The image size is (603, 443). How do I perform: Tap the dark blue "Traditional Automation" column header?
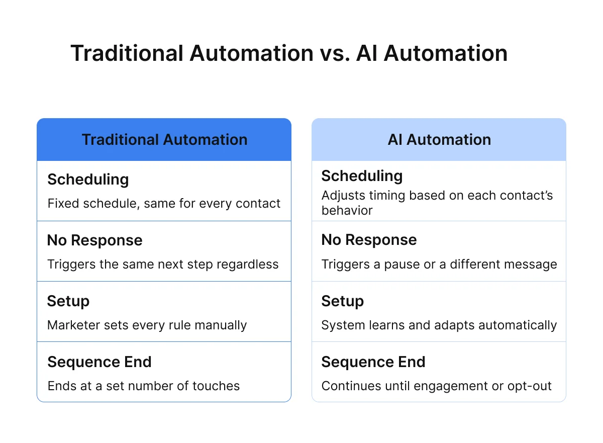click(164, 140)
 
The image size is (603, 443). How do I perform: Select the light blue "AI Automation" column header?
click(439, 140)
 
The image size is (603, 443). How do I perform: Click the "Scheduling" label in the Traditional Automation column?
click(88, 180)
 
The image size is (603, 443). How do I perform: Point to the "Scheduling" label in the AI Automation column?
click(362, 176)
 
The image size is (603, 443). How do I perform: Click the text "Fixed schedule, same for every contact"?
click(164, 204)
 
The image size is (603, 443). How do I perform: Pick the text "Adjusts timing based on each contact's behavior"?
click(437, 203)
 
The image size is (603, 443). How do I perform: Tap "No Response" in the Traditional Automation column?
click(94, 240)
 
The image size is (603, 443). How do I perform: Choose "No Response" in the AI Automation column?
click(369, 240)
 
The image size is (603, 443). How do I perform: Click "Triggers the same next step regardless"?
click(163, 264)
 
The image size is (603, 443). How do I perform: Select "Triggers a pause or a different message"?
click(439, 264)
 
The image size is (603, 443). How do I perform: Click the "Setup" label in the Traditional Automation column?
click(68, 301)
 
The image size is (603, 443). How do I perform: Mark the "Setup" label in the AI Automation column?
click(343, 301)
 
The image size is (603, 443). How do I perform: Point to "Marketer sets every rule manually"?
click(147, 325)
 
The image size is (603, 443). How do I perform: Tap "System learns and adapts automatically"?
click(439, 325)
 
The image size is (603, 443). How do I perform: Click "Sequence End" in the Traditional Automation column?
click(99, 362)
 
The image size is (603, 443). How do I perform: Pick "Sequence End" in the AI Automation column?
click(373, 362)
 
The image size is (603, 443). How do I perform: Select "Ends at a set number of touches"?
click(143, 386)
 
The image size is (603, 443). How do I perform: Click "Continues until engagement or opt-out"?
click(436, 386)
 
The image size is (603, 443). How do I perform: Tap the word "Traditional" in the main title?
click(127, 53)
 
